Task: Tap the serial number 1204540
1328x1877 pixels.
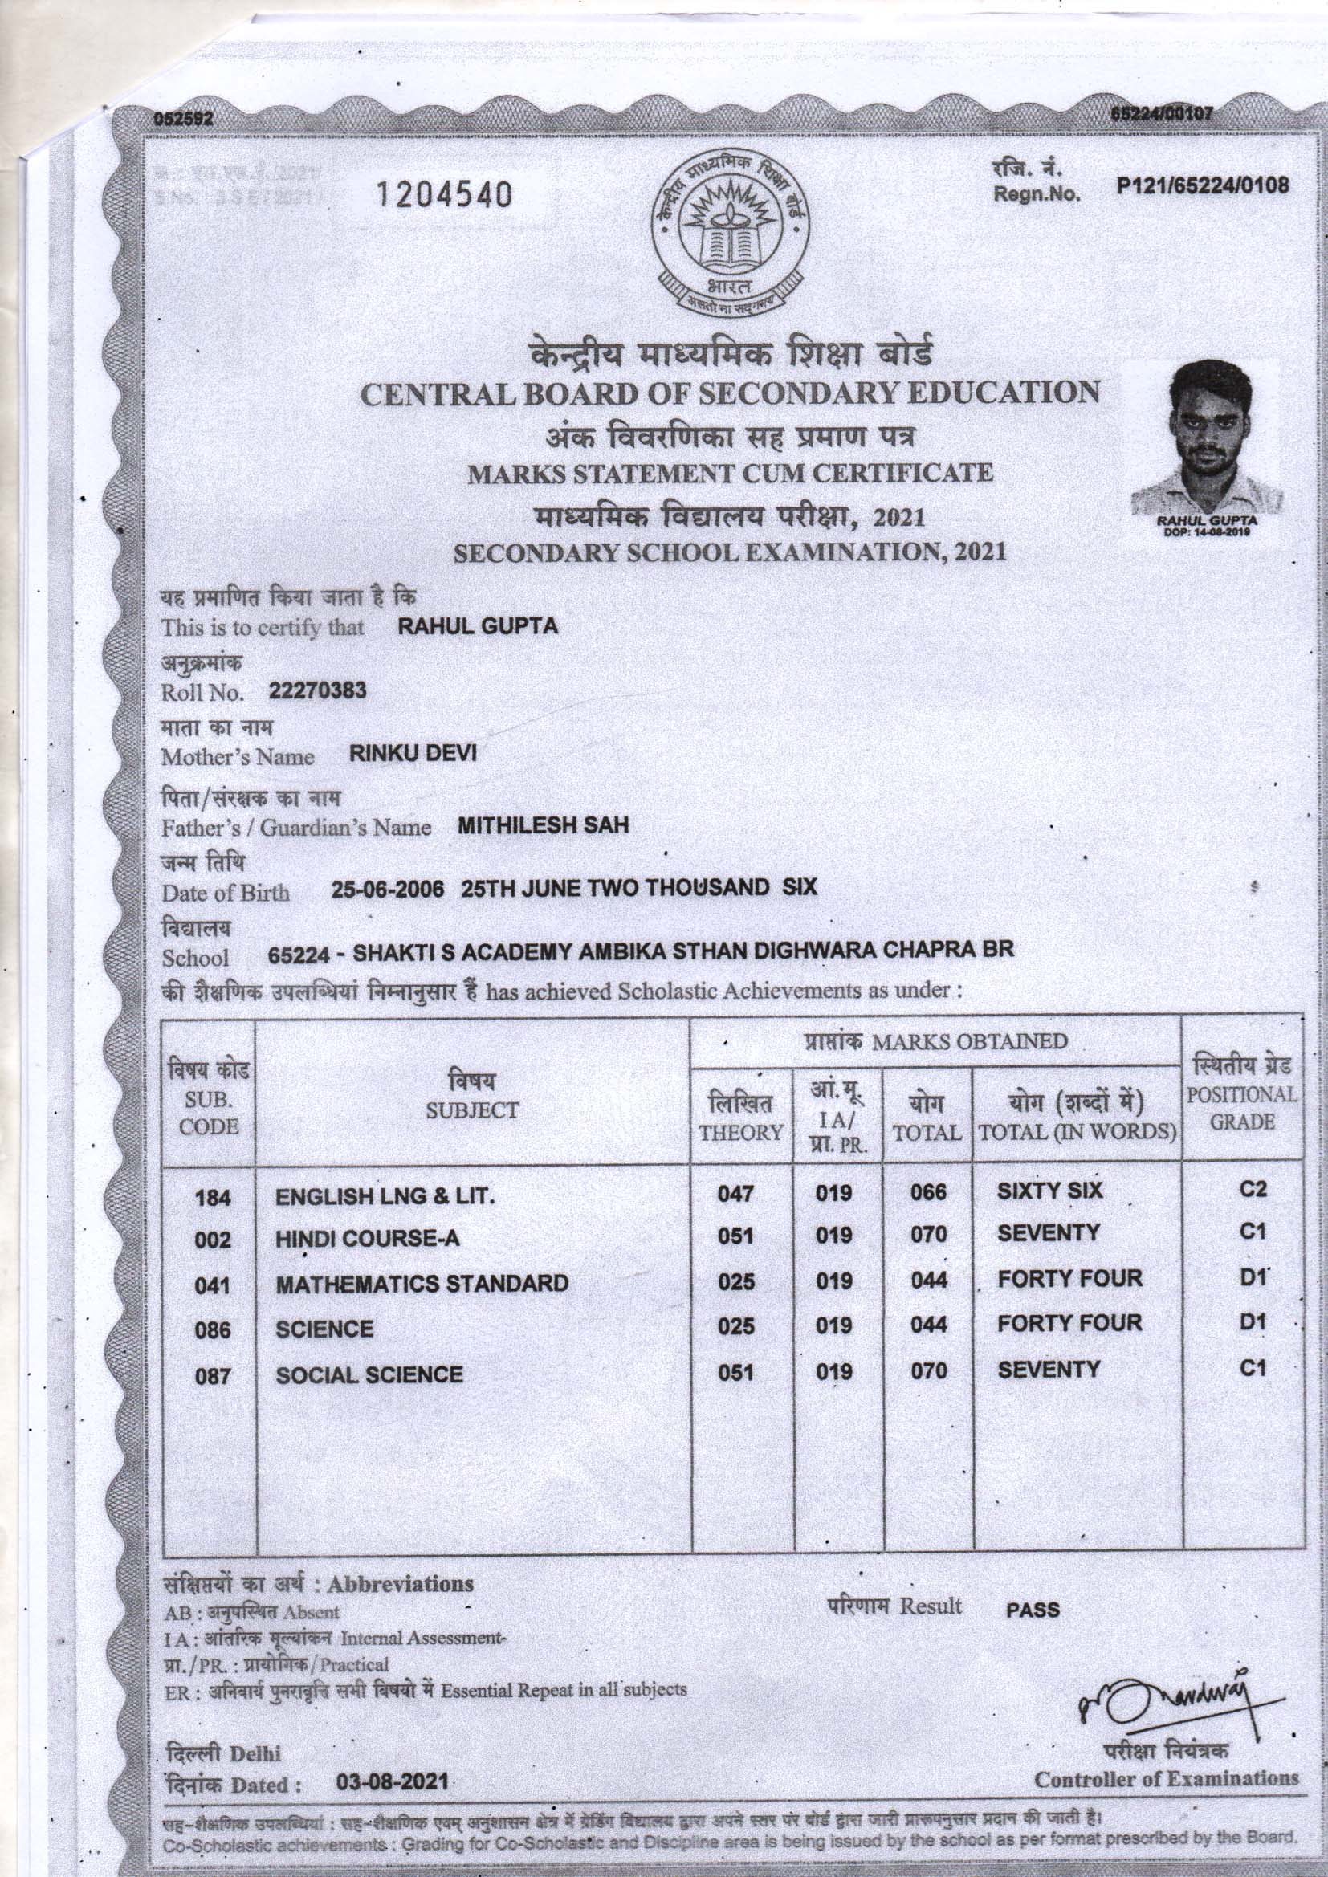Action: (x=443, y=195)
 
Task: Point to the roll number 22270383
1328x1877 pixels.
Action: (x=318, y=690)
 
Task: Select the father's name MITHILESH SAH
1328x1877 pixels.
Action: (x=543, y=825)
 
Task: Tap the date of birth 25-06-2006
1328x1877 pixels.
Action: (x=389, y=890)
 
